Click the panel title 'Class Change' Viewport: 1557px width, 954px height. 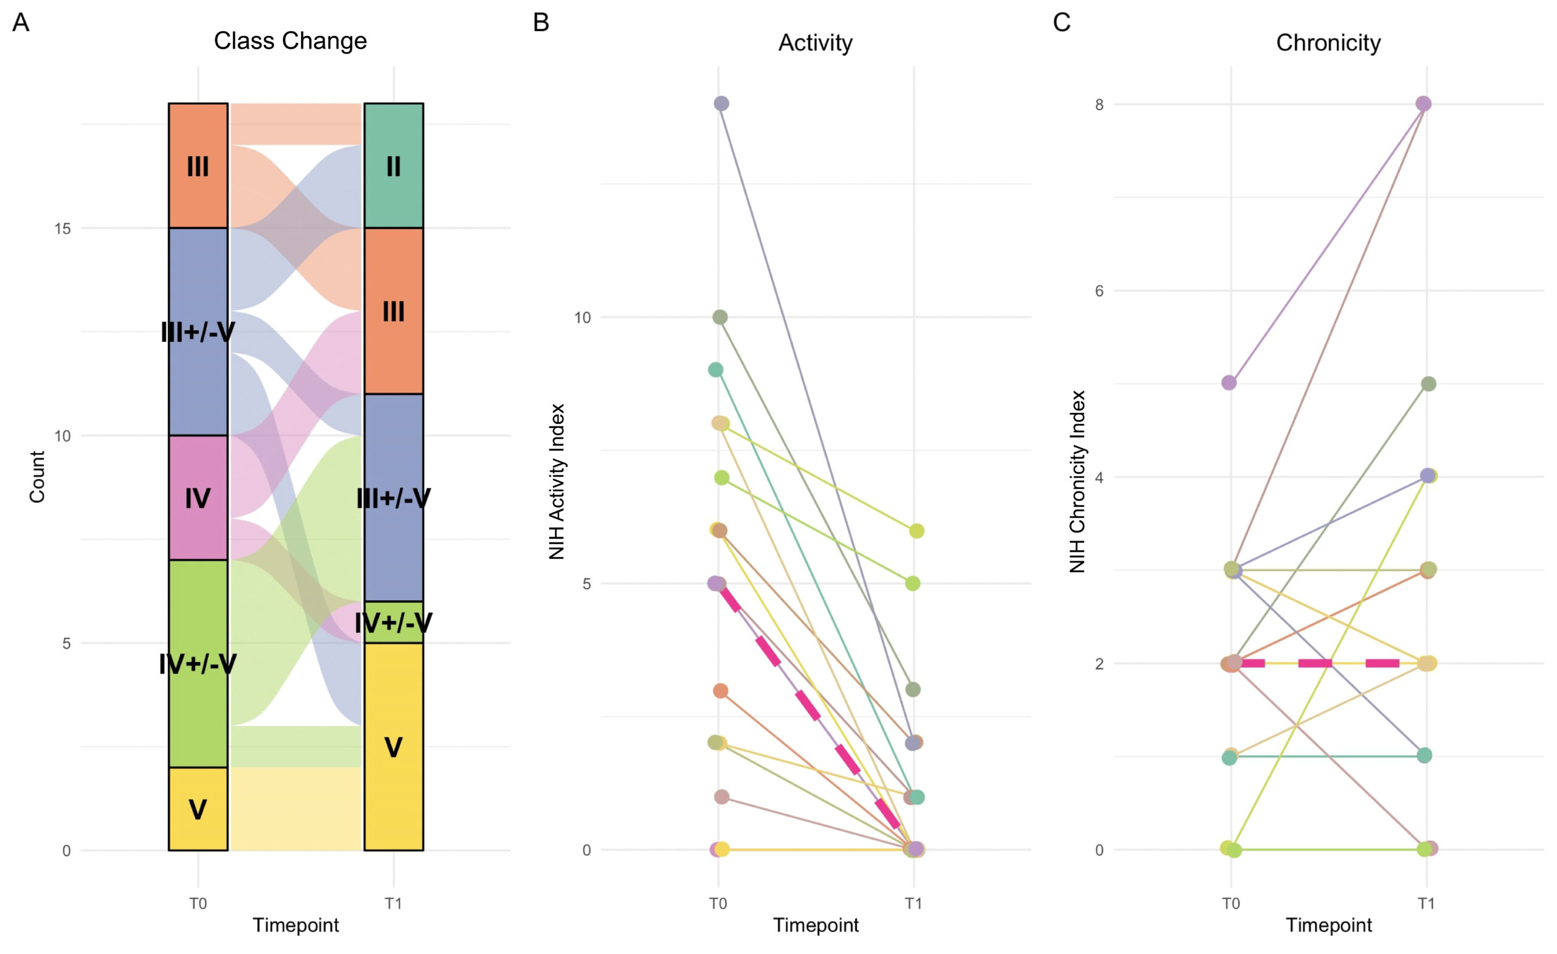290,41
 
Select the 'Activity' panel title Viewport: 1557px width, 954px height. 815,43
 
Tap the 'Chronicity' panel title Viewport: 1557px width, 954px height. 1328,43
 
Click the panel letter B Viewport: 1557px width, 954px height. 541,22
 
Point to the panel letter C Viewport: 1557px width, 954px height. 1061,22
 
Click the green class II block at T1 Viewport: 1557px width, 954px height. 394,165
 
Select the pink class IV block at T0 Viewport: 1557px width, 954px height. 198,498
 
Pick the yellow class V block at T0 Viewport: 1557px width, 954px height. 198,809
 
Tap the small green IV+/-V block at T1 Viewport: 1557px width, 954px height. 394,622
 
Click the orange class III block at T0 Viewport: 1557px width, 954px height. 198,165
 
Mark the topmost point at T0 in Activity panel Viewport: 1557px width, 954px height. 721,103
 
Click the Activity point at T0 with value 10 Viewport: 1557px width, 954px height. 720,317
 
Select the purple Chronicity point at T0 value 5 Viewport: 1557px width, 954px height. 1229,383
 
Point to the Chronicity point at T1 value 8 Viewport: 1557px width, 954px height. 1424,103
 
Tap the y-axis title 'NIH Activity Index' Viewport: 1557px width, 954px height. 556,482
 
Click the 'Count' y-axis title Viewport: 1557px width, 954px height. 37,477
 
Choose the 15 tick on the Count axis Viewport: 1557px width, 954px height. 62,228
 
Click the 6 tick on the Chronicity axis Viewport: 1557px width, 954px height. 1100,291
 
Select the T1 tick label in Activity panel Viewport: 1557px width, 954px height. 914,904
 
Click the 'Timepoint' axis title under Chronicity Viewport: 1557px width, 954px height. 1328,925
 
